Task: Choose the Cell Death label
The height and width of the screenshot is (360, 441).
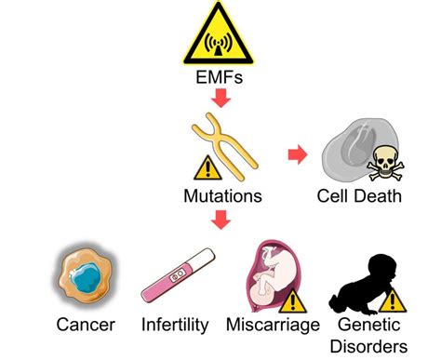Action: [357, 196]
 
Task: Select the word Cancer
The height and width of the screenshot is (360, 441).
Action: [86, 326]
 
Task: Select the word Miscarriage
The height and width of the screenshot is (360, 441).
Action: [274, 326]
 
